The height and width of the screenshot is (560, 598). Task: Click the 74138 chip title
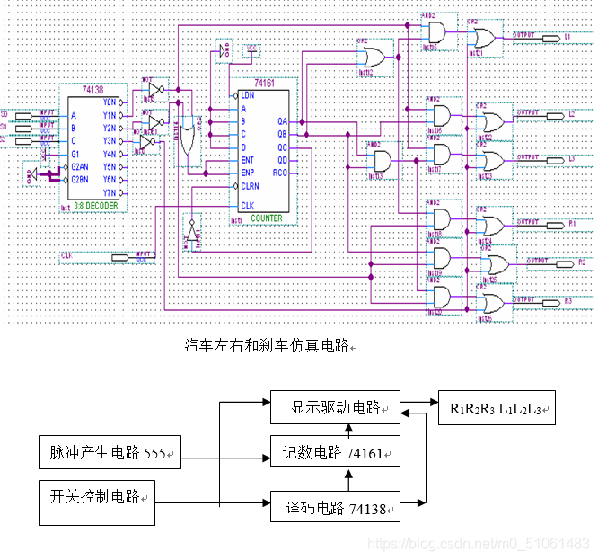92,91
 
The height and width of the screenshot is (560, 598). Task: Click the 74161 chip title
263,82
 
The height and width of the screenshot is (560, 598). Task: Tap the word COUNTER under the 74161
267,218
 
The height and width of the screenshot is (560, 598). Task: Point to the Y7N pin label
110,192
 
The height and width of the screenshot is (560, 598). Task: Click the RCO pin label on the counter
281,173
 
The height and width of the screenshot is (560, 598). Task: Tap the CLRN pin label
249,185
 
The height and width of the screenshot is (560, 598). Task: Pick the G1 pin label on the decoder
76,154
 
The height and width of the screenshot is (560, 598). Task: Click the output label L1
568,37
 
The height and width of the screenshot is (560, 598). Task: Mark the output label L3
571,158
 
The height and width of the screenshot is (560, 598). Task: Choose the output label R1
572,221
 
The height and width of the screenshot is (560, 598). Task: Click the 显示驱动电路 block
335,409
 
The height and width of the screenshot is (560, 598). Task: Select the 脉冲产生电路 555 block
109,452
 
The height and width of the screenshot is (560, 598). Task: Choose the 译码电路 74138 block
335,508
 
